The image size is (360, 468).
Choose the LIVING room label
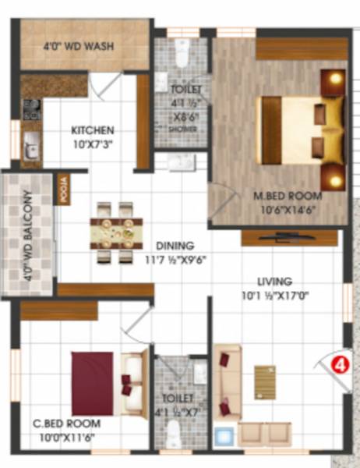[275, 281]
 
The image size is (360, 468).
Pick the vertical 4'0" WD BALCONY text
[29, 236]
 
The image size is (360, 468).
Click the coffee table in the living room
[265, 382]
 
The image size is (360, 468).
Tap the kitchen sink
[30, 144]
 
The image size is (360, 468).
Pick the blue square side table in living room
[224, 434]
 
